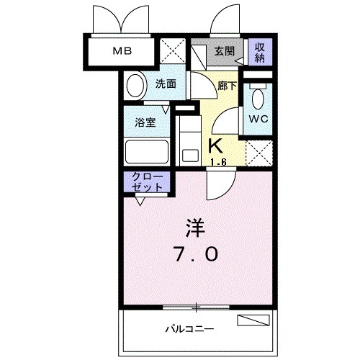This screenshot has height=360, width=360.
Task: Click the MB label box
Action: (120, 51)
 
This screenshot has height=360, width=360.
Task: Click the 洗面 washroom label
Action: (166, 84)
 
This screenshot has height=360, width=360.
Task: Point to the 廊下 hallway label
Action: (228, 84)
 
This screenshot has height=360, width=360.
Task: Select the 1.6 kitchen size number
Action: (220, 161)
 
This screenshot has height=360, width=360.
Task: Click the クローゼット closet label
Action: (147, 181)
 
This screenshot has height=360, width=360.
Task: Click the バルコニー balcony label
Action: (189, 329)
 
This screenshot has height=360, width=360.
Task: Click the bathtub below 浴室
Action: (146, 152)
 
